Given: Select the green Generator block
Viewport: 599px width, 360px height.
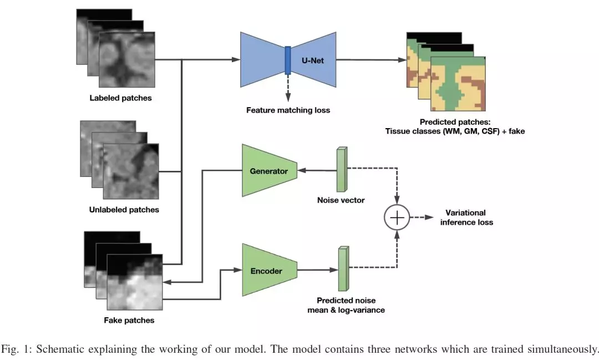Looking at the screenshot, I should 268,171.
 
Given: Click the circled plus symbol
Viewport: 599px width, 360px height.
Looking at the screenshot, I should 397,217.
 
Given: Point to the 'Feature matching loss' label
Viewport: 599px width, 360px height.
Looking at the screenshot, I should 288,110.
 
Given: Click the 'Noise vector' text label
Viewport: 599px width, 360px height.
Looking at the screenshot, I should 341,200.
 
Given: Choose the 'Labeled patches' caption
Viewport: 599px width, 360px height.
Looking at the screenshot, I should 120,99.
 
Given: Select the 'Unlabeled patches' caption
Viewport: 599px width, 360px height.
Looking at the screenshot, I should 124,210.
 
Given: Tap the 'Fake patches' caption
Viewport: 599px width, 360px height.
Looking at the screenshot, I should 129,320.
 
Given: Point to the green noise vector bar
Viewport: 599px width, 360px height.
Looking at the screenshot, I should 341,169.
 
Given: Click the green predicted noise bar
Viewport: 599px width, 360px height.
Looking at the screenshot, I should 342,269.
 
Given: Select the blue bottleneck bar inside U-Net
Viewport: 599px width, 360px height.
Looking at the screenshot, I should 288,60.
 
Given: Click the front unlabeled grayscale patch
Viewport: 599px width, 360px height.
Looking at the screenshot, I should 131,171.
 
